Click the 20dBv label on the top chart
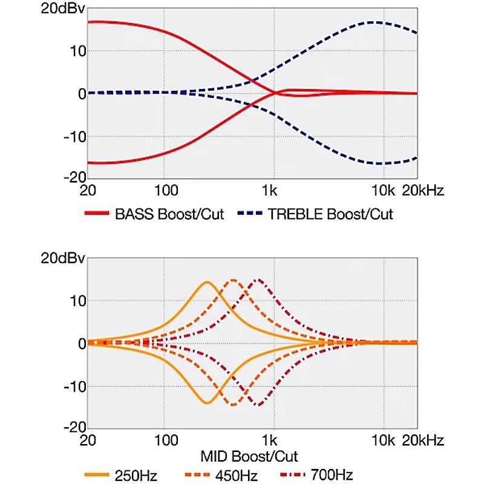[61, 10]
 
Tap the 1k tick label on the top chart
[270, 191]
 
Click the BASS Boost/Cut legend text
[169, 214]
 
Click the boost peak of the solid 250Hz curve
[208, 282]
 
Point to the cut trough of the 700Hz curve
[259, 405]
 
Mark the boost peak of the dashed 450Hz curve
[233, 280]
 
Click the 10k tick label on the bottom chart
[382, 440]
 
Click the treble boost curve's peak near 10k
[374, 22]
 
